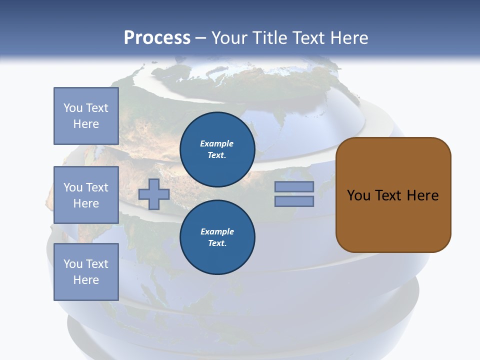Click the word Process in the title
click(157, 38)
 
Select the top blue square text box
click(86, 116)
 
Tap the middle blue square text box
click(86, 195)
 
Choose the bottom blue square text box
click(86, 271)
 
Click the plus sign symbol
click(154, 194)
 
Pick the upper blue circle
click(217, 149)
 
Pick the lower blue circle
click(217, 237)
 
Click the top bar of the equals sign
click(294, 186)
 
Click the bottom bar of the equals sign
click(294, 201)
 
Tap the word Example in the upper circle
click(217, 143)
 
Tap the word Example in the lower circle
click(217, 231)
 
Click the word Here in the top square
click(86, 124)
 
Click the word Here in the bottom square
click(86, 280)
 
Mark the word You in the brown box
click(358, 195)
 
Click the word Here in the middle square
click(86, 203)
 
